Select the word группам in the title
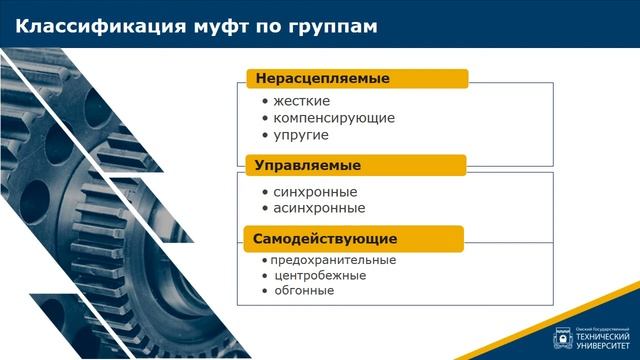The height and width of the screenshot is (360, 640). point(336,27)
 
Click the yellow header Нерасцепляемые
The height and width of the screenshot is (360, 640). point(322,78)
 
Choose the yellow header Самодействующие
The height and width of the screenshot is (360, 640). point(325,239)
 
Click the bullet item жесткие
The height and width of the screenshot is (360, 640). point(301,101)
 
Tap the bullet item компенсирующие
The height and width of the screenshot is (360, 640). point(334,118)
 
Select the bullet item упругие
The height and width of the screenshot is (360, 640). point(301,135)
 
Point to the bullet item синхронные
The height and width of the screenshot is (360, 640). point(315,192)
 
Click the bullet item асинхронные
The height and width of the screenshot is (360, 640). point(319,209)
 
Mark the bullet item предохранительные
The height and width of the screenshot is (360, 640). point(333,260)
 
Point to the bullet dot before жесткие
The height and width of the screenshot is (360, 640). point(264,101)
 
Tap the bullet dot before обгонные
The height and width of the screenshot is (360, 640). point(264,291)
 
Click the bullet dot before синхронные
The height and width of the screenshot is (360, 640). point(264,192)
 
